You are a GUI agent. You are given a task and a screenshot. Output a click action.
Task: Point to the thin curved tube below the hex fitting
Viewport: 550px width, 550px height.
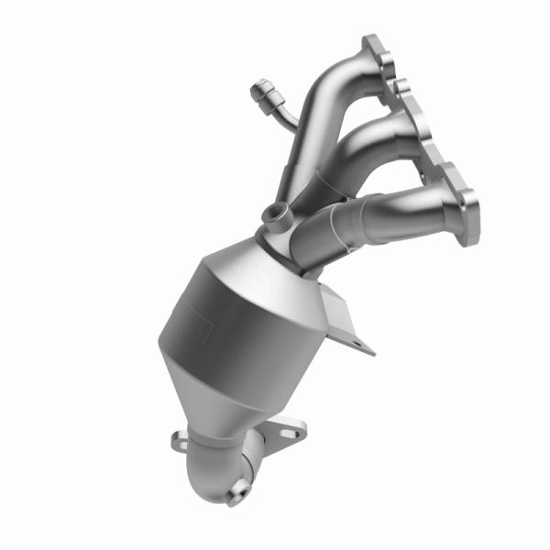[283, 117]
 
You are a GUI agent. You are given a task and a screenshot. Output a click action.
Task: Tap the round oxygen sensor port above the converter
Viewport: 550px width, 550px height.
[274, 214]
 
